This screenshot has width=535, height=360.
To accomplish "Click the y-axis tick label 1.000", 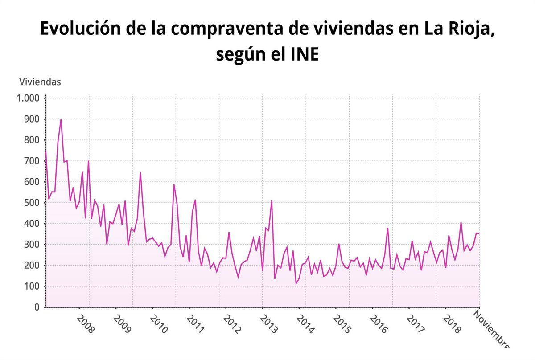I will (28, 98).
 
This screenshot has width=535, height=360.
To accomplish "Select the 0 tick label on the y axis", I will (37, 307).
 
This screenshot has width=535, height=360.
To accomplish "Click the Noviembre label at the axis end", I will (490, 330).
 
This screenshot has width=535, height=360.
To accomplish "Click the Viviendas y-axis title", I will (40, 82).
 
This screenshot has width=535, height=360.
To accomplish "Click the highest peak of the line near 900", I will (61, 119).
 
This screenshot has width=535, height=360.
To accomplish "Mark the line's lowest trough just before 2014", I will (296, 284).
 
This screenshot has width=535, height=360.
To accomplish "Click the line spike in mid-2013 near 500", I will (272, 201).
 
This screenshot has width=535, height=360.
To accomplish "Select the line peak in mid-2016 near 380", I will (388, 228).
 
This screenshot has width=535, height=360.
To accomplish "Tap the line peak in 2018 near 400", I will (461, 222).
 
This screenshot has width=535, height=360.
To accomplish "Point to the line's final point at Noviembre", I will (479, 233).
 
